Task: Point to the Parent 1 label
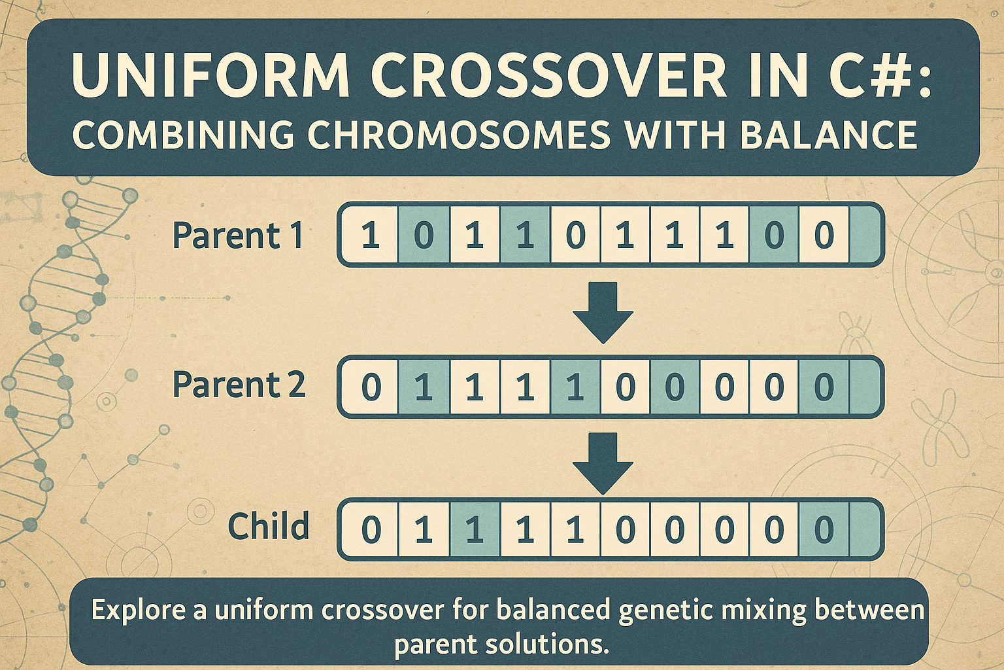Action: (x=238, y=236)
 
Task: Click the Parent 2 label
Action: (x=239, y=385)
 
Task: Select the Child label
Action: (x=268, y=527)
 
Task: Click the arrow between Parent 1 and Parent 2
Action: (x=603, y=312)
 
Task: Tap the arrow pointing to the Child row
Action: (x=603, y=463)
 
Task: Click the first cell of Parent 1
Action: (x=371, y=235)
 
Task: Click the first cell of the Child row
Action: (x=371, y=529)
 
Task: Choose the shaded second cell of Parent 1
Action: (x=424, y=235)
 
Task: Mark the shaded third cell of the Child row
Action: (x=475, y=529)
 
